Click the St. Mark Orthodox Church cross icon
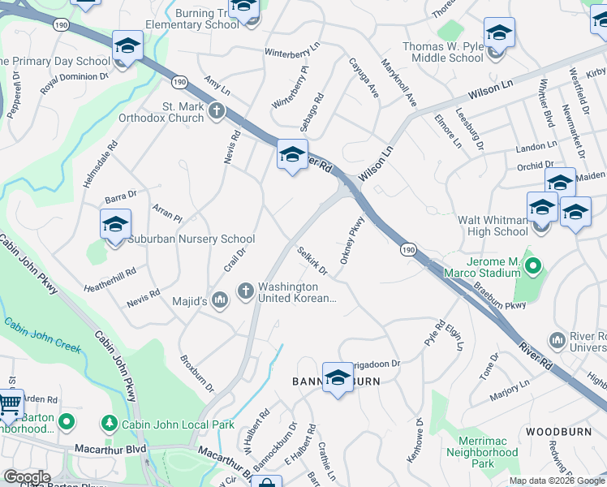pos(217,111)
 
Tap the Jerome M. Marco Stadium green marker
pos(533,265)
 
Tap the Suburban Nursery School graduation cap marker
pos(115,224)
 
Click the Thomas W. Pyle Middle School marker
pos(499,32)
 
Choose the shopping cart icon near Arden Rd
pos(9,402)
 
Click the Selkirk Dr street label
pos(312,260)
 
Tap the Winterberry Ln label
pos(292,51)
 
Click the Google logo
pos(27,477)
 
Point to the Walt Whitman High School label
pos(493,226)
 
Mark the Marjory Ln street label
pos(509,390)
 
